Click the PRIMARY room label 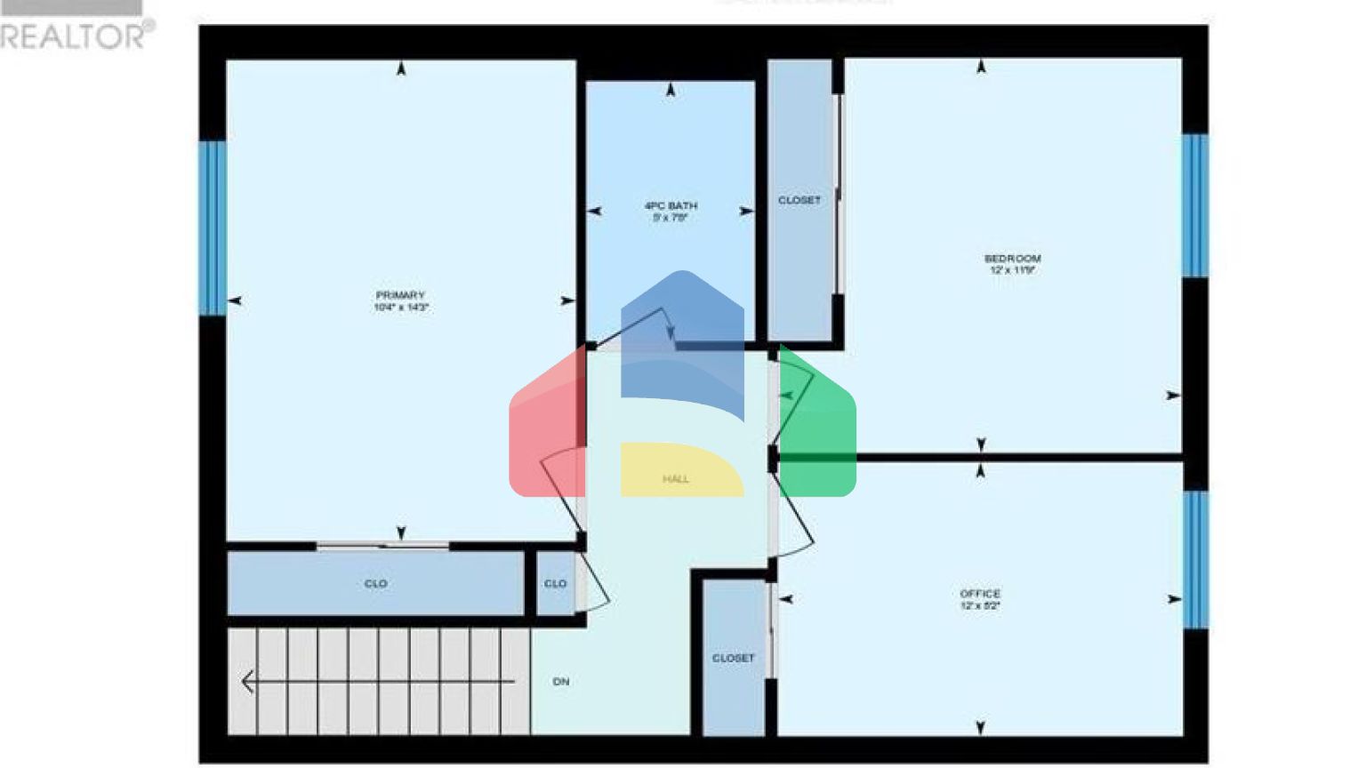tap(400, 295)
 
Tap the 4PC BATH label tap(671, 205)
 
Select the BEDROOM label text tap(1012, 259)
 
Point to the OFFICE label tap(980, 594)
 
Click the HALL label tap(676, 479)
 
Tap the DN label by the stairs tap(561, 682)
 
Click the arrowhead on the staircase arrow tap(247, 682)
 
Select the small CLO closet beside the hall tap(556, 584)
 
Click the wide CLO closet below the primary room tap(375, 584)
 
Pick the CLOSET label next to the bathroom tap(800, 200)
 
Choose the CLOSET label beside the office tap(733, 659)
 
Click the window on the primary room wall tap(212, 228)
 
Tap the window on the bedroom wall tap(1195, 205)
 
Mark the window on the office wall tap(1196, 559)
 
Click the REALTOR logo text tap(76, 36)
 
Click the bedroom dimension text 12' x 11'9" tap(1012, 270)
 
